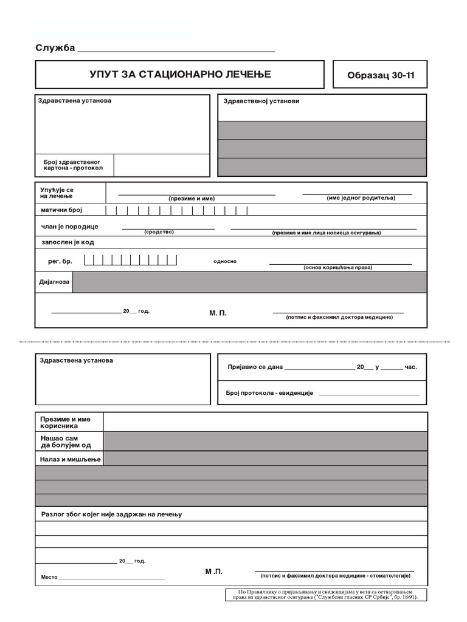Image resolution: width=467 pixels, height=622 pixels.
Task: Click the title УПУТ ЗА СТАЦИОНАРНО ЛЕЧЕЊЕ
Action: click(180, 75)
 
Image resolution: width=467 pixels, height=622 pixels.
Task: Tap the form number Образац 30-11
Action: click(379, 75)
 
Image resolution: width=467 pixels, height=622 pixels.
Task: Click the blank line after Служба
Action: click(176, 50)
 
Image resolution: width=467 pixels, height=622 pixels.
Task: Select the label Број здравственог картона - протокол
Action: click(73, 165)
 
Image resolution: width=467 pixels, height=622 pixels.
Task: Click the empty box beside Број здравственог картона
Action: click(161, 165)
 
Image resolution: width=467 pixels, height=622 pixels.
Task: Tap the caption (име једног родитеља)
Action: click(361, 198)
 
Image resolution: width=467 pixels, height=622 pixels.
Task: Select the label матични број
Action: click(61, 210)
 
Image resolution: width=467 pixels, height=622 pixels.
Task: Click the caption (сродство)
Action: click(159, 232)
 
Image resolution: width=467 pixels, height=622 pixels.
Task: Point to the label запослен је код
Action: click(67, 242)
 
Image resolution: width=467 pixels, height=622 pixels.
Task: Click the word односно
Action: click(225, 261)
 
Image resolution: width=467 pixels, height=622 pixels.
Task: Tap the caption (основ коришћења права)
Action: click(338, 267)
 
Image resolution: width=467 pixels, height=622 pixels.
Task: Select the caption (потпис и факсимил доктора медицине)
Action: click(344, 317)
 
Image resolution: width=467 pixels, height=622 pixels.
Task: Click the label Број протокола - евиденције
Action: click(269, 394)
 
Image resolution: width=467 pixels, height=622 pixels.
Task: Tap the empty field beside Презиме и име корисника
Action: click(265, 422)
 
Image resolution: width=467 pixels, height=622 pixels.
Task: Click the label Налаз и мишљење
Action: click(70, 459)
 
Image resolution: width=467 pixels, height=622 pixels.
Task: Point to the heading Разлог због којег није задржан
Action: click(112, 514)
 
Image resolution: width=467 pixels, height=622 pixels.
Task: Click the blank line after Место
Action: click(112, 577)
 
